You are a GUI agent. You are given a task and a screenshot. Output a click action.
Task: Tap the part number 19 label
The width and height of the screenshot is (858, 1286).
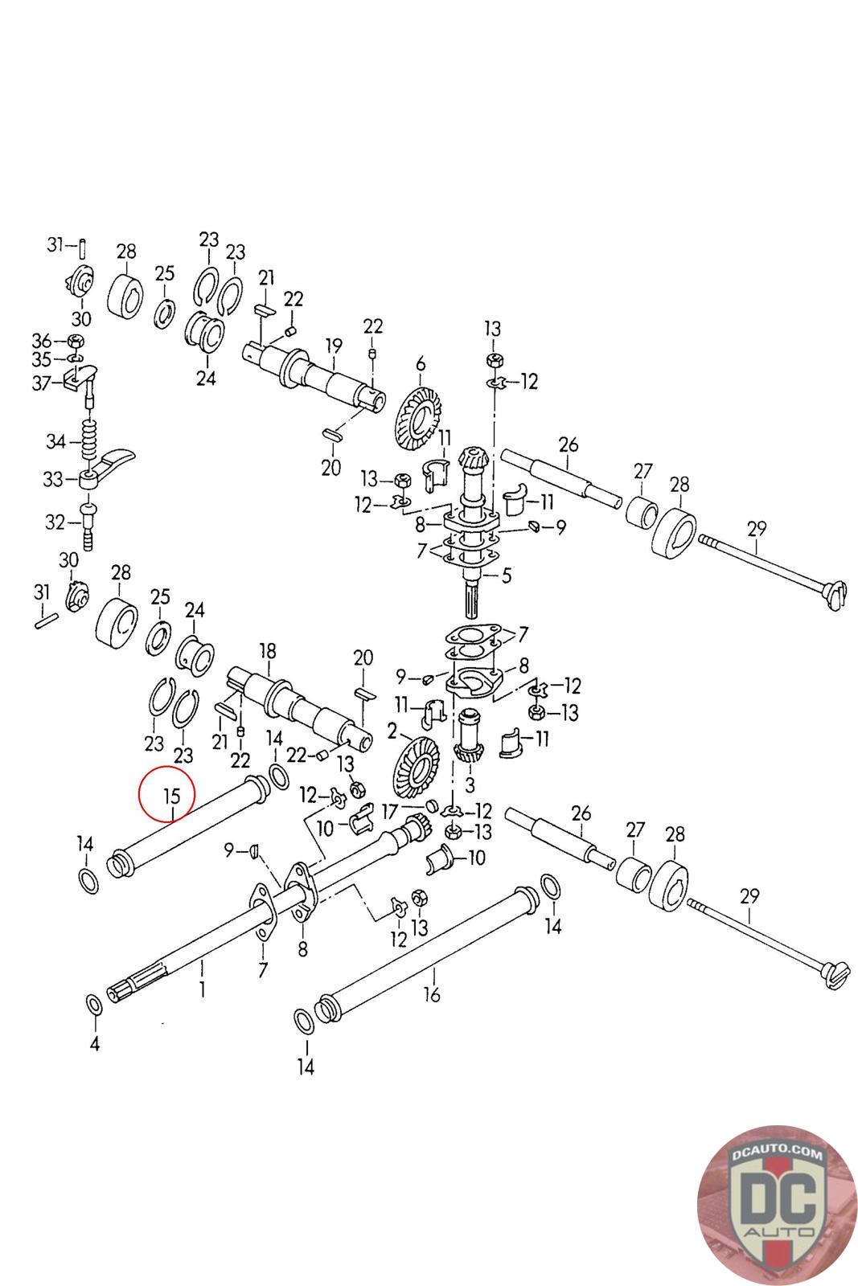pos(333,347)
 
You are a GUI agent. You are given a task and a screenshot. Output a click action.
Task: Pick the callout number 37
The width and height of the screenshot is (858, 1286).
pos(40,383)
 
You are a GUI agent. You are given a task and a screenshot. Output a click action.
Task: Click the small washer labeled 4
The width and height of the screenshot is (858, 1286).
pos(93,1005)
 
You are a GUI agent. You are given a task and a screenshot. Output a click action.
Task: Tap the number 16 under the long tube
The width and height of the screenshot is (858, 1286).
pos(432,995)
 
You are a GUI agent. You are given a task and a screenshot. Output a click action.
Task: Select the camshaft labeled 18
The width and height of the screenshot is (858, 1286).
pos(298,703)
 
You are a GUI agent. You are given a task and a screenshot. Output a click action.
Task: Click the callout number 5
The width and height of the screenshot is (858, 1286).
pos(506,575)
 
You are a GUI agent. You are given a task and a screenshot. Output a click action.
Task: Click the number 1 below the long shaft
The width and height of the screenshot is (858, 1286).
pos(202,989)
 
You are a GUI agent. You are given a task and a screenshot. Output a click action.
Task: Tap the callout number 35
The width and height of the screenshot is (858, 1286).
pos(41,358)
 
